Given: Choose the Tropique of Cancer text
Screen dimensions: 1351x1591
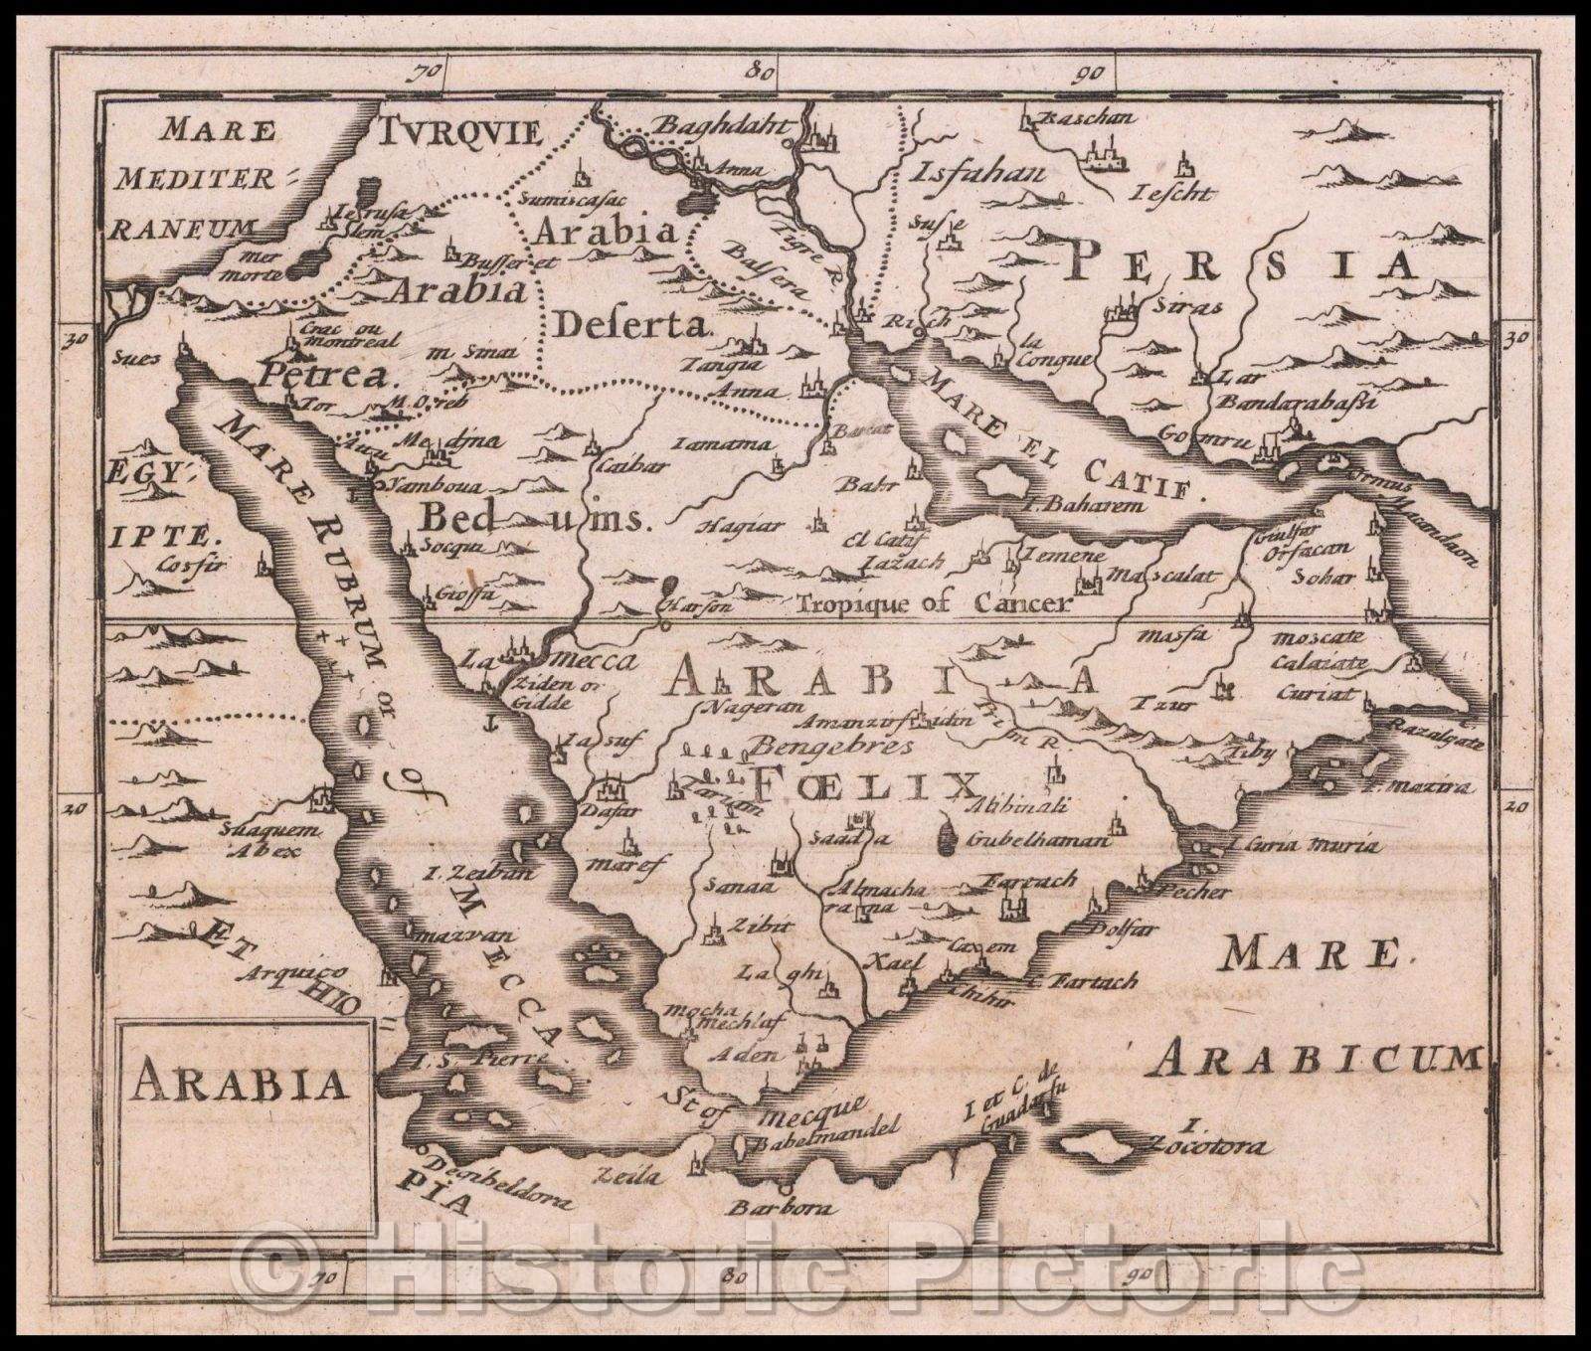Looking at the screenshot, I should pos(932,601).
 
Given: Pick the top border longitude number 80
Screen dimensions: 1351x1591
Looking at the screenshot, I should pos(761,72).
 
